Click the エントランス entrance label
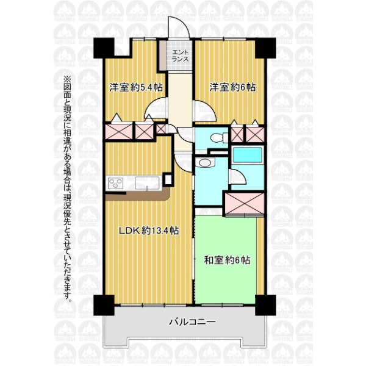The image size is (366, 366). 180,56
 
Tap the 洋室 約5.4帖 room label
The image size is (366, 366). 136,87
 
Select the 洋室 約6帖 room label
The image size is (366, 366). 232,87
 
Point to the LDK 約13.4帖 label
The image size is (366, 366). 149,231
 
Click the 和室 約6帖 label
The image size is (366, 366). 227,260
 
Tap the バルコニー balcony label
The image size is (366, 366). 192,322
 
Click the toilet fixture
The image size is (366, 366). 219,137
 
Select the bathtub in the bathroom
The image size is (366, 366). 248,155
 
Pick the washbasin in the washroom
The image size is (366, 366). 205,162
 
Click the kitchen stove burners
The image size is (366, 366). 116,182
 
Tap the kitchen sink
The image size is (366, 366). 147,183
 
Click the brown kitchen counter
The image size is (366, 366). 138,196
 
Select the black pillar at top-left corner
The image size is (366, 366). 104,48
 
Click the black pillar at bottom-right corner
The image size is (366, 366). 265,305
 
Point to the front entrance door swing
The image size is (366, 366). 179,27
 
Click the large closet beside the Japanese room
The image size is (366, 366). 245,204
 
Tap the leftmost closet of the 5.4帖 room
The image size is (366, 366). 119,131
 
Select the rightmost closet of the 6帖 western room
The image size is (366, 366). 255,134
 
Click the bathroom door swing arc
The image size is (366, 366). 238,176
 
